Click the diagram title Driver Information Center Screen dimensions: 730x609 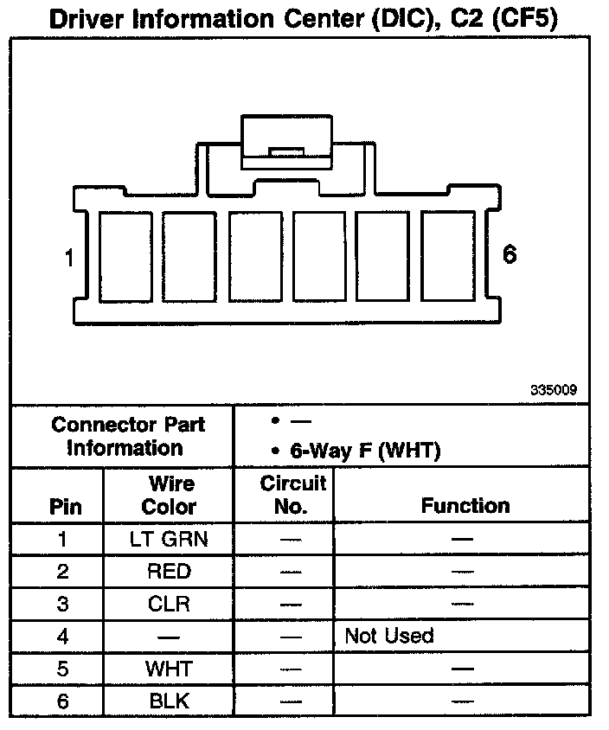[x=302, y=18]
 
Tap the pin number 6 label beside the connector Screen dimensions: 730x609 [x=510, y=254]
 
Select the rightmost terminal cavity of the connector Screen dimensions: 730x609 [x=448, y=257]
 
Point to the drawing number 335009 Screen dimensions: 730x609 [x=554, y=390]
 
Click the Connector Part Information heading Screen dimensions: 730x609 [x=127, y=436]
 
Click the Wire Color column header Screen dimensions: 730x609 [x=169, y=495]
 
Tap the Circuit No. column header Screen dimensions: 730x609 [x=292, y=495]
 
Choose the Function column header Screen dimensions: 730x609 [x=465, y=506]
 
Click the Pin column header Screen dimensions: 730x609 [x=62, y=506]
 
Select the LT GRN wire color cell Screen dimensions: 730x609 [x=169, y=540]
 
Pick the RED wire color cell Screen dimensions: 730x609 [x=169, y=572]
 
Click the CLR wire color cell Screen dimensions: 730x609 [x=169, y=604]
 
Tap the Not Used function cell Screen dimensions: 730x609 [x=388, y=636]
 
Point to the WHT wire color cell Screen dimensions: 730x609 [x=169, y=668]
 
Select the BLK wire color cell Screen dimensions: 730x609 [x=169, y=700]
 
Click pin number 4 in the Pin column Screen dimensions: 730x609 [x=62, y=636]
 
